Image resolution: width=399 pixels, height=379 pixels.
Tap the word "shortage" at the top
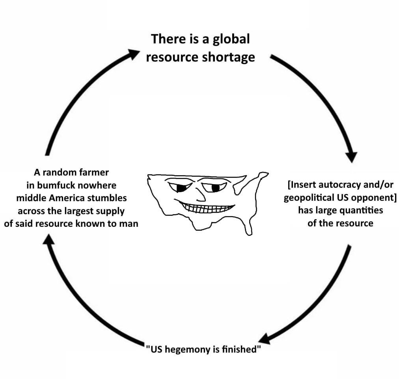[228, 57]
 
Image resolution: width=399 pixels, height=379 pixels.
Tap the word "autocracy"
[339, 185]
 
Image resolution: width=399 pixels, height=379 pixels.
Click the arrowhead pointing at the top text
[133, 54]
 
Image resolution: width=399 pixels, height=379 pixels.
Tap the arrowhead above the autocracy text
[351, 157]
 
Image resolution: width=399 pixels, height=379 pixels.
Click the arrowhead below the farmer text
[48, 239]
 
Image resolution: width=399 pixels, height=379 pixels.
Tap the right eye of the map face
[214, 187]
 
